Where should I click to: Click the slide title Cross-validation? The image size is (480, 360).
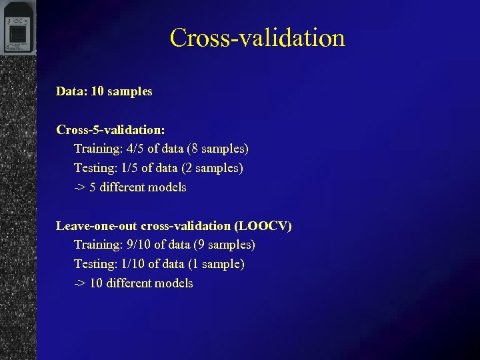tap(257, 37)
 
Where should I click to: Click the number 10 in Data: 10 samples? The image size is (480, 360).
tap(97, 91)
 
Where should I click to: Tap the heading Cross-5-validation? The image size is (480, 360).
tap(111, 129)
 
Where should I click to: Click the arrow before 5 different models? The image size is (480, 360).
tap(79, 187)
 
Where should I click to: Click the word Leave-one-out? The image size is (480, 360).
tap(97, 226)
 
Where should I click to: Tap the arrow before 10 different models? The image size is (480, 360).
tap(79, 283)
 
